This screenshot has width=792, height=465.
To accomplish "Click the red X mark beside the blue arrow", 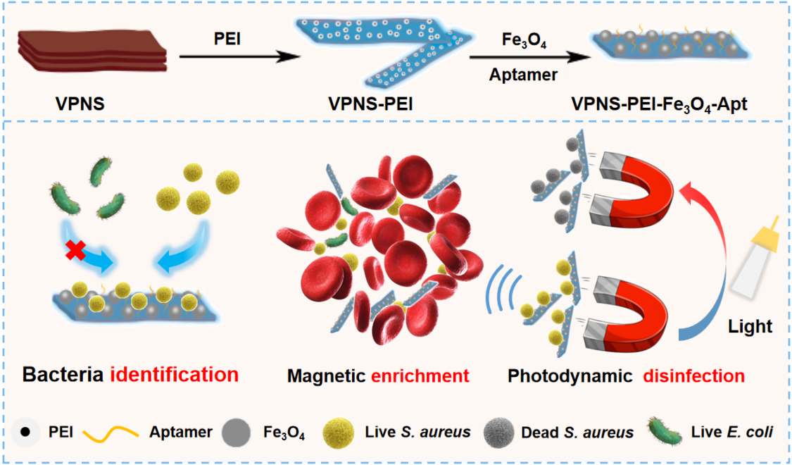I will point(75,250).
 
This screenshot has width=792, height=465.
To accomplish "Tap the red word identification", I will point(174,374).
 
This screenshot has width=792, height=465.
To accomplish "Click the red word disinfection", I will point(693,376).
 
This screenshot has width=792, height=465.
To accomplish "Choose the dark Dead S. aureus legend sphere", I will point(498,432).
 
